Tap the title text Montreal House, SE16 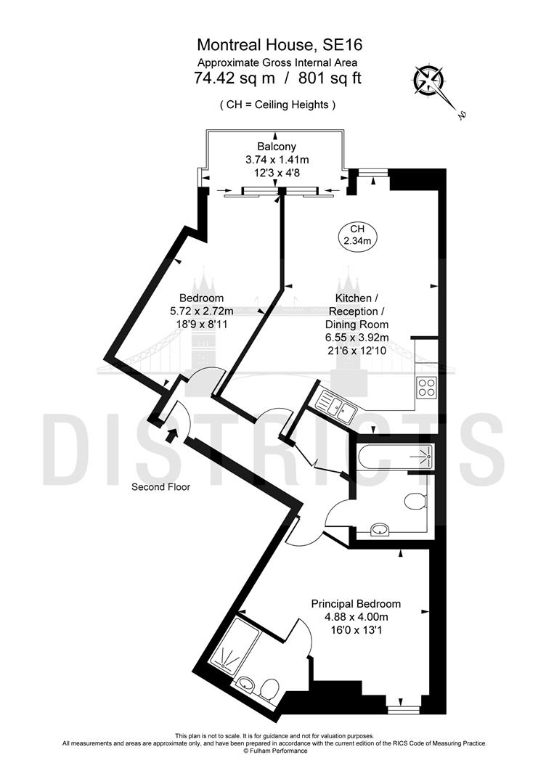[x=277, y=46]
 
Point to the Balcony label [x=277, y=147]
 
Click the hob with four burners [x=425, y=388]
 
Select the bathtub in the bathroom [x=395, y=457]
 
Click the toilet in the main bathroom [x=415, y=501]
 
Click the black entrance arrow [x=171, y=435]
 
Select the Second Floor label [x=160, y=487]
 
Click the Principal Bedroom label [x=356, y=603]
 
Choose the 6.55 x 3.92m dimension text [x=357, y=338]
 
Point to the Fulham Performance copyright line [x=275, y=751]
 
